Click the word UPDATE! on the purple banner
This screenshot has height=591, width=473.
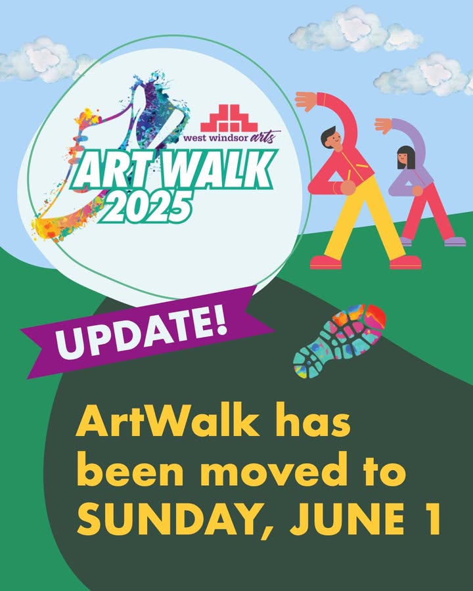coord(141,332)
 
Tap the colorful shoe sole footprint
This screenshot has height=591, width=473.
coord(340,341)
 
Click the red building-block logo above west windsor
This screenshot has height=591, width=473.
coord(229,118)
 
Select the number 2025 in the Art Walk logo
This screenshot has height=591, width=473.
coord(146,205)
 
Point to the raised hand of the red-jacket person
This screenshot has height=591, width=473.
coord(306,101)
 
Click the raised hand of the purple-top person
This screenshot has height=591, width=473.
coord(384,125)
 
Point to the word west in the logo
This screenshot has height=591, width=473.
coord(194,139)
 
